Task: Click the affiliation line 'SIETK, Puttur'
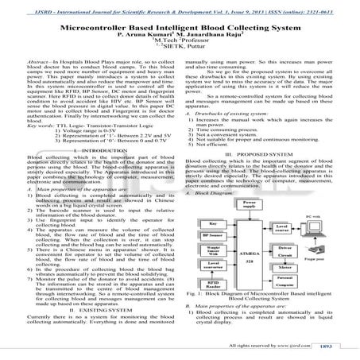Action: point(181,50)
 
